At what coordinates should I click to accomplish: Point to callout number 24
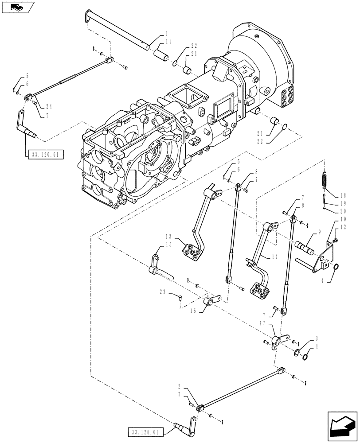click(48, 106)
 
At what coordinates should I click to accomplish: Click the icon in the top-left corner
click(17, 7)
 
